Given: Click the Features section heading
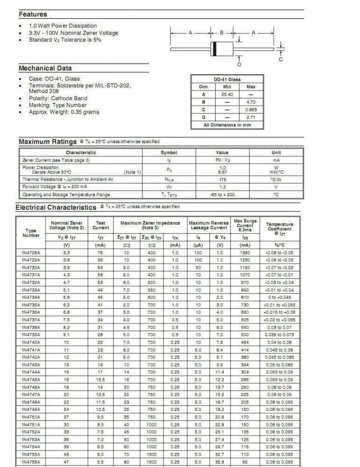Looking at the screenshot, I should (x=33, y=14).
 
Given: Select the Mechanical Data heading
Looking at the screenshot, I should (x=45, y=68).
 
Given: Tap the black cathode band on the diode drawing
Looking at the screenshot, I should (x=214, y=49).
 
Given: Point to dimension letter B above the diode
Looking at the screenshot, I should (x=222, y=33).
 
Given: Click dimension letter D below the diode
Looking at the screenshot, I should (x=240, y=64).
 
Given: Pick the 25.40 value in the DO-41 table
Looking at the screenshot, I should (x=227, y=94).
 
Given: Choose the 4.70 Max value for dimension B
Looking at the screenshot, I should (x=251, y=102).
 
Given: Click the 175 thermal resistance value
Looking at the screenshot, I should (x=222, y=179).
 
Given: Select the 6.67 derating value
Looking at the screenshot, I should (x=222, y=172).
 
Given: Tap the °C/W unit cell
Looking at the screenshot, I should (x=276, y=179).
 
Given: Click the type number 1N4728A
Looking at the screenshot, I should (x=31, y=253).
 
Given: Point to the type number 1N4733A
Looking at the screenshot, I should (x=31, y=290).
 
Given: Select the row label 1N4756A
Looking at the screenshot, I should (x=31, y=461).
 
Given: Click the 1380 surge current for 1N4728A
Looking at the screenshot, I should (x=245, y=253).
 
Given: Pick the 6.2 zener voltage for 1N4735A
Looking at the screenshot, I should (x=67, y=305).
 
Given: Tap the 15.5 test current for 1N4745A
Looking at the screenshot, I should (x=100, y=380).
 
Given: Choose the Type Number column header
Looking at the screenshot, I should (x=31, y=233).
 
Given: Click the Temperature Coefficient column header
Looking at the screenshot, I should (x=280, y=229).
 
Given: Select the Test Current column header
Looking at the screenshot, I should (x=100, y=226).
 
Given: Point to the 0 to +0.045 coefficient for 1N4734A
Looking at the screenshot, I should (x=280, y=297).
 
